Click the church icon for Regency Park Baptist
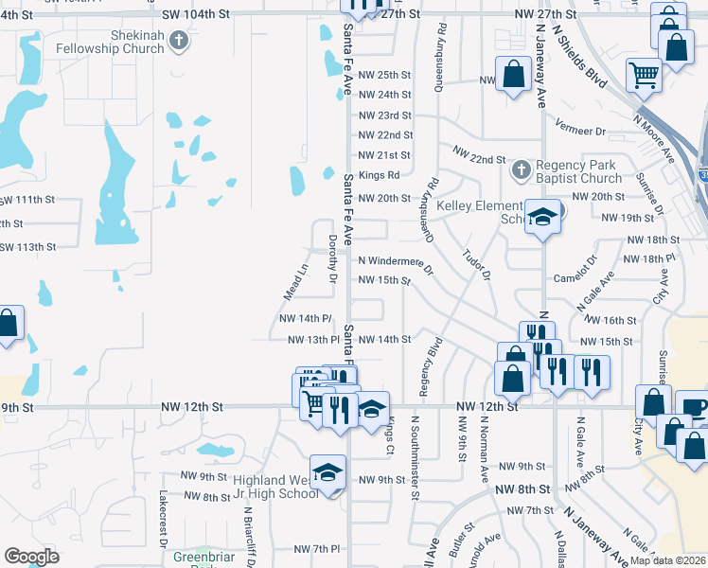pos(519,170)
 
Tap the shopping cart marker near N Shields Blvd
pos(644,74)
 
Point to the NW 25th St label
pos(385,75)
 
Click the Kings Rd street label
pos(379,175)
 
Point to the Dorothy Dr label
pos(332,258)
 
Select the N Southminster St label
pos(415,455)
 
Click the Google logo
pos(31,557)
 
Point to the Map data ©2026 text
pos(667,560)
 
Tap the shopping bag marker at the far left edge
pos(8,324)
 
